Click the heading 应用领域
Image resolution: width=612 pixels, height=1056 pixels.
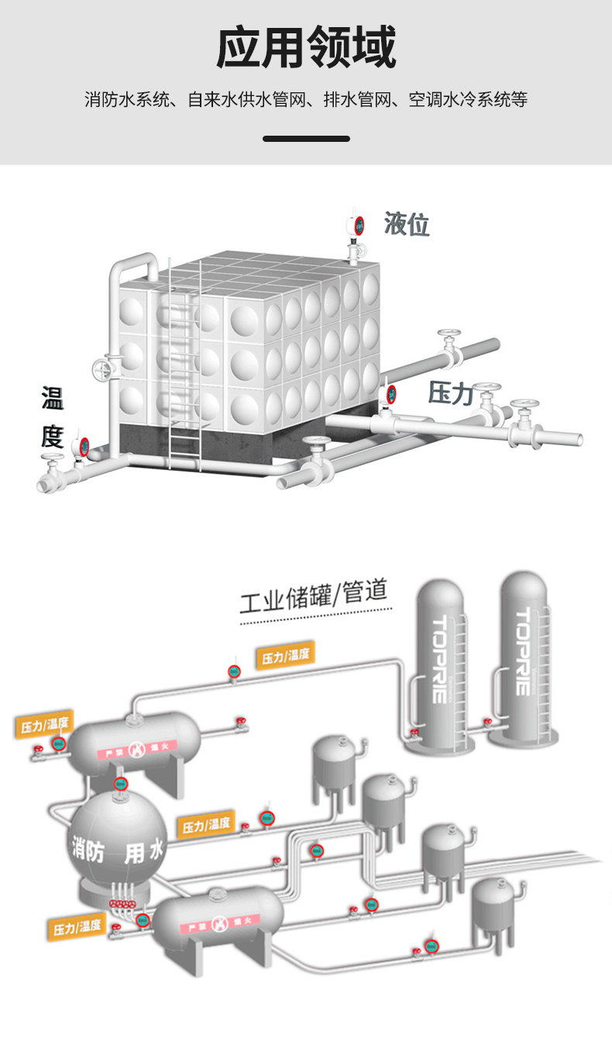(x=306, y=48)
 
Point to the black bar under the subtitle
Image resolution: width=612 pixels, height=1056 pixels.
(x=306, y=139)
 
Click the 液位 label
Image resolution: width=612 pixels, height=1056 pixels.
(x=407, y=225)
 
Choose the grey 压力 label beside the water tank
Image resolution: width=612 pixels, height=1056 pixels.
(x=451, y=393)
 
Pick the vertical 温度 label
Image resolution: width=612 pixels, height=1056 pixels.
(x=53, y=418)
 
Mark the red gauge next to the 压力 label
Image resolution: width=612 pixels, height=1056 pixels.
(x=391, y=393)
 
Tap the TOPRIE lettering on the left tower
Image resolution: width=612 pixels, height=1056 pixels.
(x=439, y=659)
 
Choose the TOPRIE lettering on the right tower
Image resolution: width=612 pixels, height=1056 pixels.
(x=524, y=651)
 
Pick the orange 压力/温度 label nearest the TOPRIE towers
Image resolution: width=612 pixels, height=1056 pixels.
(x=285, y=655)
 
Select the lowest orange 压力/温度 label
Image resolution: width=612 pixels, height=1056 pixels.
(x=77, y=926)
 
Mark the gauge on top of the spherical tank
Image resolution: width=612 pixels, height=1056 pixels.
(x=120, y=783)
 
